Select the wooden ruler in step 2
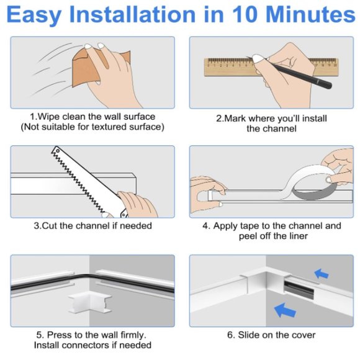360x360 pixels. point(248,65)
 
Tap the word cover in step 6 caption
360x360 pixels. point(302,335)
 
